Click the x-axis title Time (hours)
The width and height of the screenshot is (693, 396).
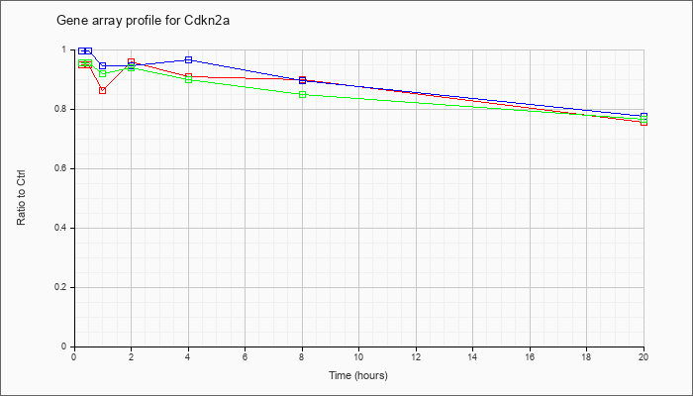click(x=358, y=375)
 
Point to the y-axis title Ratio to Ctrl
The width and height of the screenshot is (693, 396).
click(x=21, y=198)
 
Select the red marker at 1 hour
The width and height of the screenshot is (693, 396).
click(x=103, y=91)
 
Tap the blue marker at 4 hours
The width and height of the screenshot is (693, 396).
click(x=188, y=59)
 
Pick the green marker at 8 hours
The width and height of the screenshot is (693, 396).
click(x=302, y=94)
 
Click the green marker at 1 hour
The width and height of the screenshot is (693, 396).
click(x=103, y=74)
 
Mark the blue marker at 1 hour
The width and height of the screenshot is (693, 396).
click(x=103, y=66)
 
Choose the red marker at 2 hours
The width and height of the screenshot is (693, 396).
click(x=131, y=61)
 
